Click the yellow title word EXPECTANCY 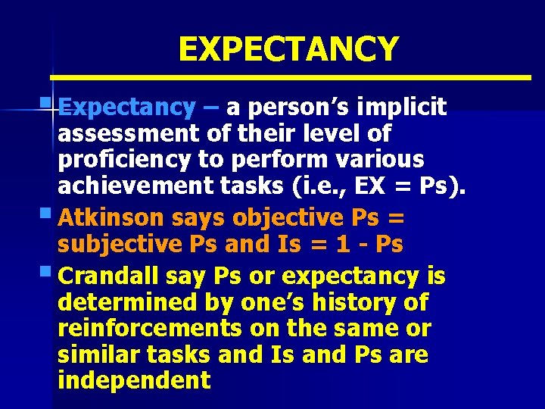[x=288, y=49]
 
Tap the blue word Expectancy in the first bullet [x=126, y=108]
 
